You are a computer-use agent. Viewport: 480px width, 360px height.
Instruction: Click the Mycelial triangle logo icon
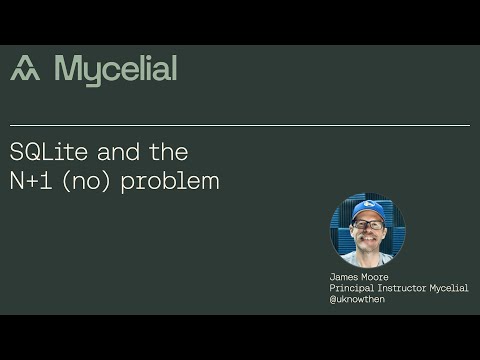click(x=25, y=69)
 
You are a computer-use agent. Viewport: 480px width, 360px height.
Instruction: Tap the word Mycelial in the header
click(x=116, y=69)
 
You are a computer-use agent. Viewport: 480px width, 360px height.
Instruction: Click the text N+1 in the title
click(x=34, y=181)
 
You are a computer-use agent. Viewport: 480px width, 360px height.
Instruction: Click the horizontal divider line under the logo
click(x=240, y=126)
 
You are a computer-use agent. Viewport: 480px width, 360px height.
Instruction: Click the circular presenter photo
click(x=367, y=229)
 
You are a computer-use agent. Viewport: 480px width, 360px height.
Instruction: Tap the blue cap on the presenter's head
click(x=367, y=210)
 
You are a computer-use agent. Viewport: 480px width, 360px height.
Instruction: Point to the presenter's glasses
click(x=367, y=224)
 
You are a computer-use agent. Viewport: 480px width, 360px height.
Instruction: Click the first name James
click(x=344, y=277)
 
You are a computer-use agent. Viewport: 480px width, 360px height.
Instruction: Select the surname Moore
click(x=375, y=277)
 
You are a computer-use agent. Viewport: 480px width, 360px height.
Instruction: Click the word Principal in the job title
click(x=352, y=288)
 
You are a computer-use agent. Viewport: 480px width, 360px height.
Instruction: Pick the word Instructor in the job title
click(x=404, y=288)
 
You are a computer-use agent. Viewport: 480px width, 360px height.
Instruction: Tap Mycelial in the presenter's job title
click(x=450, y=288)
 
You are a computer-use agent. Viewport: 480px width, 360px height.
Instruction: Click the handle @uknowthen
click(x=356, y=298)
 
